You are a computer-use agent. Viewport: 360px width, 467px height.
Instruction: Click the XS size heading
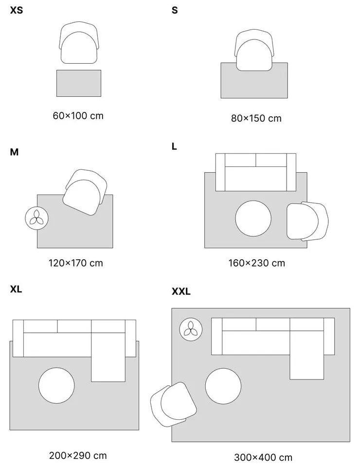pyautogui.click(x=16, y=10)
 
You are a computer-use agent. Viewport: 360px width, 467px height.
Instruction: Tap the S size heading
pyautogui.click(x=175, y=10)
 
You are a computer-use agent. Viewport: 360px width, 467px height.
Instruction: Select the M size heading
pyautogui.click(x=14, y=152)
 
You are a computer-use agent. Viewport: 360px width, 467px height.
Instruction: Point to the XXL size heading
pyautogui.click(x=181, y=292)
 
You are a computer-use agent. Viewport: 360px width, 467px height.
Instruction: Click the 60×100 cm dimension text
pyautogui.click(x=78, y=116)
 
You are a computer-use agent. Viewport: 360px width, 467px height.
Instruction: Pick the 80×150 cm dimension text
pyautogui.click(x=256, y=118)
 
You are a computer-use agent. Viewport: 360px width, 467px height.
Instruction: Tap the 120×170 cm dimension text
pyautogui.click(x=75, y=263)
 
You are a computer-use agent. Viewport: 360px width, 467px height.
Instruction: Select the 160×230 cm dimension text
pyautogui.click(x=256, y=263)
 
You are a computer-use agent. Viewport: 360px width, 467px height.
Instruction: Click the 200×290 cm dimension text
pyautogui.click(x=77, y=456)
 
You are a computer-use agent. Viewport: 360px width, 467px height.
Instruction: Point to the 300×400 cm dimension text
pyautogui.click(x=263, y=457)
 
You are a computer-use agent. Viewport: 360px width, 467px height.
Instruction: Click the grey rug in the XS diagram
pyautogui.click(x=79, y=84)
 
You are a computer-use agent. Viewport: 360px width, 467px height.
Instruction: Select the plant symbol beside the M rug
pyautogui.click(x=36, y=218)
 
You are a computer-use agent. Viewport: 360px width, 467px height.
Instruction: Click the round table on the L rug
pyautogui.click(x=253, y=218)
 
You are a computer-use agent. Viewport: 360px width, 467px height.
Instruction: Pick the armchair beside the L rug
pyautogui.click(x=306, y=221)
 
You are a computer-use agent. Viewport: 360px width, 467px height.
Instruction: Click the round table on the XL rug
pyautogui.click(x=56, y=385)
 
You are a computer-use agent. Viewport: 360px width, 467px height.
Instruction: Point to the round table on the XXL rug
pyautogui.click(x=223, y=386)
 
